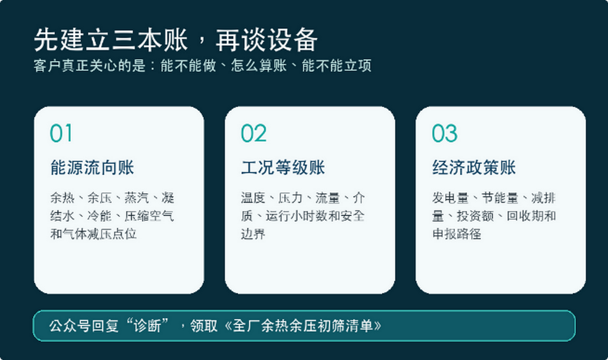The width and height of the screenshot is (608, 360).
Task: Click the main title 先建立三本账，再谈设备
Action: pyautogui.click(x=176, y=40)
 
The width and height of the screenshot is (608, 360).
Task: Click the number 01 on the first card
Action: pyautogui.click(x=61, y=133)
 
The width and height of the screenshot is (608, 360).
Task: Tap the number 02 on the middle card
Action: pyautogui.click(x=254, y=133)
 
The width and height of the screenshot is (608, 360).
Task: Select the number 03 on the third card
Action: pyautogui.click(x=445, y=133)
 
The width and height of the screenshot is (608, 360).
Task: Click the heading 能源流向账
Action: pyautogui.click(x=92, y=168)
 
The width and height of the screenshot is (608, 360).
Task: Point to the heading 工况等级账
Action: pyautogui.click(x=283, y=168)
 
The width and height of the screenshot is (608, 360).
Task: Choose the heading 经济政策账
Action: pyautogui.click(x=474, y=168)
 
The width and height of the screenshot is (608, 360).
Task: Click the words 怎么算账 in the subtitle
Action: pyautogui.click(x=259, y=66)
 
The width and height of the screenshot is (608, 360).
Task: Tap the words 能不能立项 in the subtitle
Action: pyautogui.click(x=337, y=66)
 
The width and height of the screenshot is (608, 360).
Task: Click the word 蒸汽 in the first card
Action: pyautogui.click(x=137, y=198)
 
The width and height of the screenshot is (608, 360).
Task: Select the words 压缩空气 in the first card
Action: pyautogui.click(x=149, y=216)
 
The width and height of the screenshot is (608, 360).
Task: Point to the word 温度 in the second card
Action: pyautogui.click(x=253, y=198)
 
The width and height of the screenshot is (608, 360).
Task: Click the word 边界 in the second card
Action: pyautogui.click(x=253, y=234)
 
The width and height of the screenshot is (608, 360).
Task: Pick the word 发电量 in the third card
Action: pyautogui.click(x=450, y=198)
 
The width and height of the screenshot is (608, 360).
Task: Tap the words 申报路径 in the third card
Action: pyautogui.click(x=457, y=234)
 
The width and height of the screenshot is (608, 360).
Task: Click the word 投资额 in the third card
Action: pyautogui.click(x=475, y=216)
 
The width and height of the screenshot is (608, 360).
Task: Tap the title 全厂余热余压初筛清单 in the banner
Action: pyautogui.click(x=302, y=326)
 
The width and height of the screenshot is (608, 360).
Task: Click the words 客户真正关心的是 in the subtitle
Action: pyautogui.click(x=89, y=66)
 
